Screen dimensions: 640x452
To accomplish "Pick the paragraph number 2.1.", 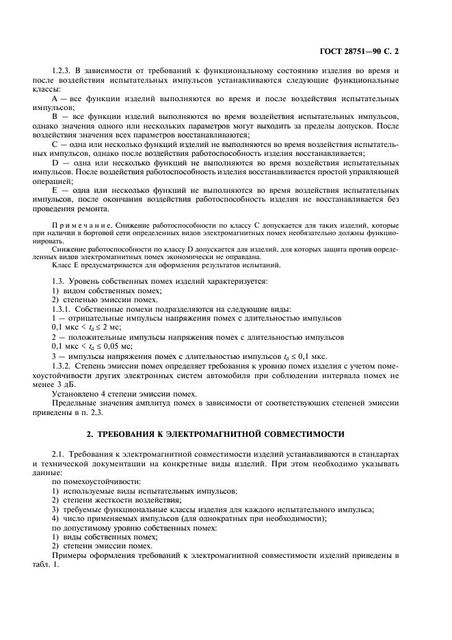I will point(60,454).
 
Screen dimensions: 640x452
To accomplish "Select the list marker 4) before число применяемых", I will point(56,518).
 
